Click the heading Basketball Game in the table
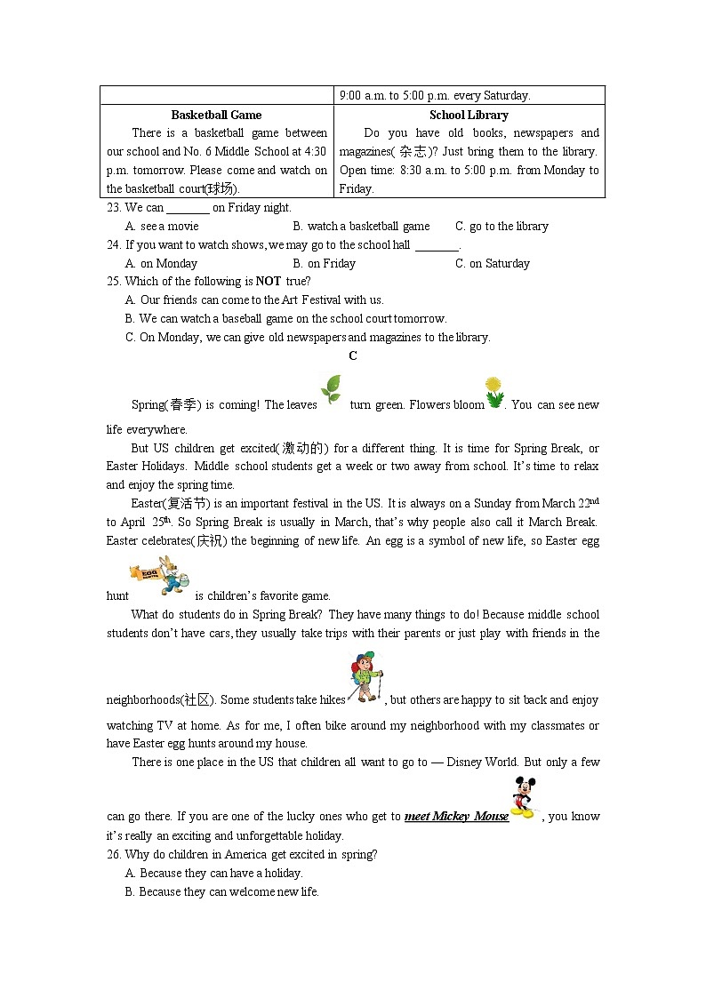[216, 115]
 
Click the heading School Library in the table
[469, 115]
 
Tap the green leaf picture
[331, 389]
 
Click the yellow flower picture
[494, 392]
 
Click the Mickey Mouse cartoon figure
[524, 797]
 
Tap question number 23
[113, 208]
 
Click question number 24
[113, 245]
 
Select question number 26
[113, 855]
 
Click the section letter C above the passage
[353, 356]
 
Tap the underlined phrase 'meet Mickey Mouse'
[456, 817]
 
